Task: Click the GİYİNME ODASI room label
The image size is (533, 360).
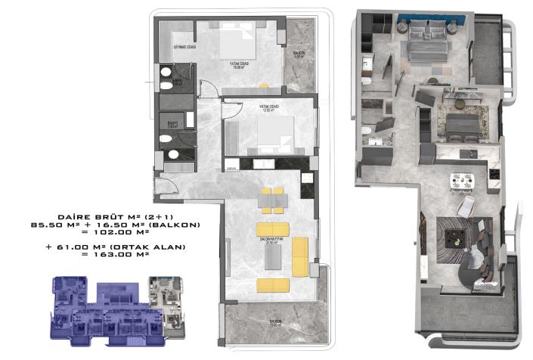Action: click(185, 47)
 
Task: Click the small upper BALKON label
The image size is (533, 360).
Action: click(299, 54)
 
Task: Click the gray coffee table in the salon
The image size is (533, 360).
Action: click(274, 257)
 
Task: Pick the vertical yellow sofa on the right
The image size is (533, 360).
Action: click(299, 256)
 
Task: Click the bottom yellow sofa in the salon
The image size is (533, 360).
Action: click(273, 285)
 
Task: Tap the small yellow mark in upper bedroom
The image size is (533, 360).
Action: click(263, 83)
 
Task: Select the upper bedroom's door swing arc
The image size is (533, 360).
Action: click(214, 88)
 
